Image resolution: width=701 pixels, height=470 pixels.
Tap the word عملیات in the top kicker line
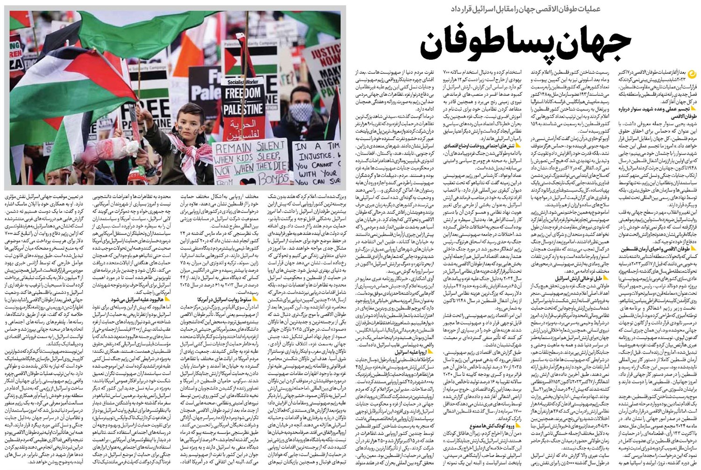pos(587,9)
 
